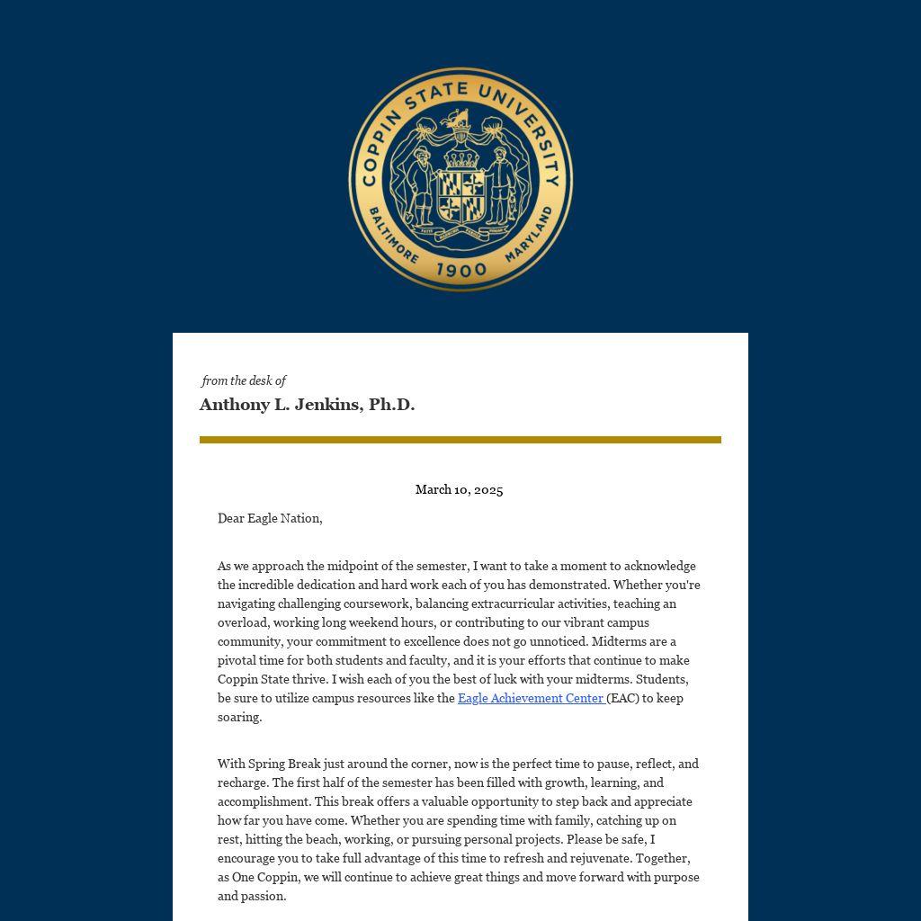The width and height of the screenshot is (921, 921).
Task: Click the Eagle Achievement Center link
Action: tap(531, 698)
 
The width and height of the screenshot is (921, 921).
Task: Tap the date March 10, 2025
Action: tap(459, 490)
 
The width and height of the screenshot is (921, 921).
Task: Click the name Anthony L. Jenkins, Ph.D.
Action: tap(307, 405)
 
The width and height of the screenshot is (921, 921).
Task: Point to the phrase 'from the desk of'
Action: tap(244, 381)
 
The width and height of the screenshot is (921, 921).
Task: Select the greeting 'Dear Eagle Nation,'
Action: tap(270, 518)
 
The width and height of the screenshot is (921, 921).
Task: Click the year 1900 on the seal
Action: tap(460, 270)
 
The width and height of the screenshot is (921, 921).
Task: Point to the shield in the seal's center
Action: tap(460, 196)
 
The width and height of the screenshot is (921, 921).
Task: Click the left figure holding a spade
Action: tap(420, 184)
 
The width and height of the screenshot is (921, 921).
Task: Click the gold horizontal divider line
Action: tap(460, 440)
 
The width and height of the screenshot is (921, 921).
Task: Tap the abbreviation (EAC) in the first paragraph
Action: tap(622, 698)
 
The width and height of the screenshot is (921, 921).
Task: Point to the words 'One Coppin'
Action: tap(264, 877)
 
